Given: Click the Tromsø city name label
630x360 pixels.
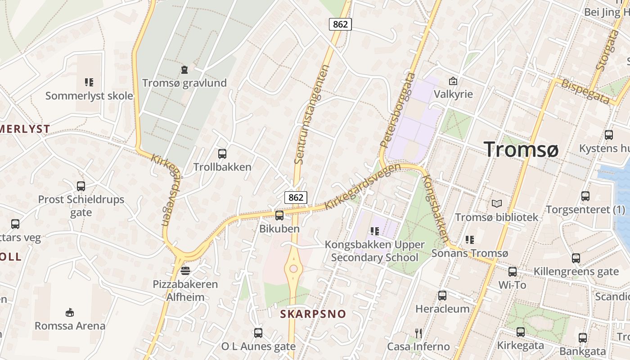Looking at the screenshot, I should [x=521, y=149].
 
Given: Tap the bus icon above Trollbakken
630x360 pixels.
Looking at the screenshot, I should [x=222, y=154].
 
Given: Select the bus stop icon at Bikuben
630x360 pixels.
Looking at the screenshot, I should [x=279, y=216].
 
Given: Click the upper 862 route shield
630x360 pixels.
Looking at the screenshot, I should [x=340, y=24].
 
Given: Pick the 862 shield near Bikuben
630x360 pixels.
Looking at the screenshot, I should [x=296, y=197].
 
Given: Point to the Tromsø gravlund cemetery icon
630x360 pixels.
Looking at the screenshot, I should [x=184, y=70].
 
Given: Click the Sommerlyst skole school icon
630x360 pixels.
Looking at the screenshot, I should [x=89, y=82].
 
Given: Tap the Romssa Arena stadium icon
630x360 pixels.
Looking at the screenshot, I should [x=70, y=312].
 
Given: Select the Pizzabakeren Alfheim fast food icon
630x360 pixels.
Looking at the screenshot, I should [x=185, y=271].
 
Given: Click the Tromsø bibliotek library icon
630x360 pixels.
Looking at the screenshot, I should [x=496, y=204].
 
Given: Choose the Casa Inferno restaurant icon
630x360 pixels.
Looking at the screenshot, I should [x=418, y=333].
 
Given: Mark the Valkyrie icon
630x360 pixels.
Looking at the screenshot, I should [x=453, y=81].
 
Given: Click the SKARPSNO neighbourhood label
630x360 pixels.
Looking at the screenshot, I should [x=313, y=314].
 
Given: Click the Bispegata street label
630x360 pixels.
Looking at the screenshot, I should [x=584, y=91].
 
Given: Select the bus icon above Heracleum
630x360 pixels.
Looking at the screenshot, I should [x=442, y=296].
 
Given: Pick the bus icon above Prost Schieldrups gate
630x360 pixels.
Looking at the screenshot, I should [x=81, y=186].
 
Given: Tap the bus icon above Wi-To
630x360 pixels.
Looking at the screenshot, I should [x=513, y=272].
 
